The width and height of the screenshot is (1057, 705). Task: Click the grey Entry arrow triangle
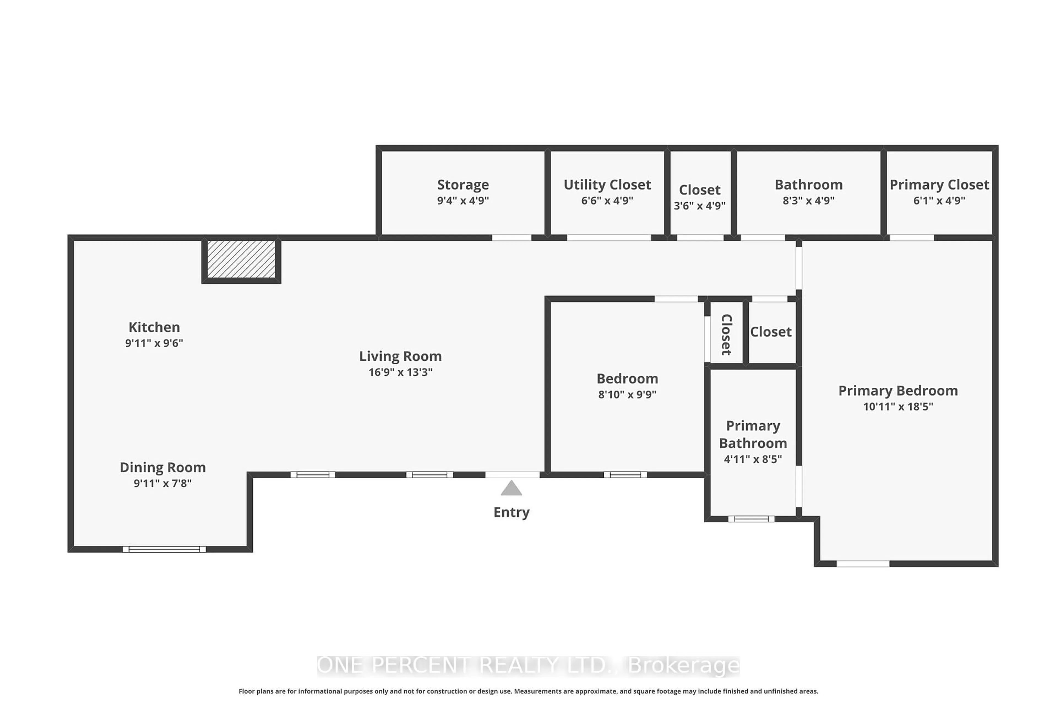tap(511, 489)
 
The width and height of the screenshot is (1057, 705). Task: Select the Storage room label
tap(463, 185)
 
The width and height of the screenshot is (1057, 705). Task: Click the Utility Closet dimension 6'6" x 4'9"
tap(607, 200)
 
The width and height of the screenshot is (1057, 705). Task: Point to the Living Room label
tap(401, 356)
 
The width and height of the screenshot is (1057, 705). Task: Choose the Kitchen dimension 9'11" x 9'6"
tap(154, 343)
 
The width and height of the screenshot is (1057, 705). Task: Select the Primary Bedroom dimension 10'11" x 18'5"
tap(898, 406)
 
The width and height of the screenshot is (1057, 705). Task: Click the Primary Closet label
tap(939, 185)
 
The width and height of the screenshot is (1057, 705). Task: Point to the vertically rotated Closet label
tap(726, 335)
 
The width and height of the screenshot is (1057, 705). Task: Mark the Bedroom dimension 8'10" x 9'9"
tap(627, 394)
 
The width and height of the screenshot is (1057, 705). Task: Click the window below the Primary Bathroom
tap(751, 519)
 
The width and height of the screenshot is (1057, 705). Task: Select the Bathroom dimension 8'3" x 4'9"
tap(808, 200)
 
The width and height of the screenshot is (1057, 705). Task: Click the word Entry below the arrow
tap(511, 512)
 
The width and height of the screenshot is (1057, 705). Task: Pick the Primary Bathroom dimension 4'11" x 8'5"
tap(753, 459)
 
